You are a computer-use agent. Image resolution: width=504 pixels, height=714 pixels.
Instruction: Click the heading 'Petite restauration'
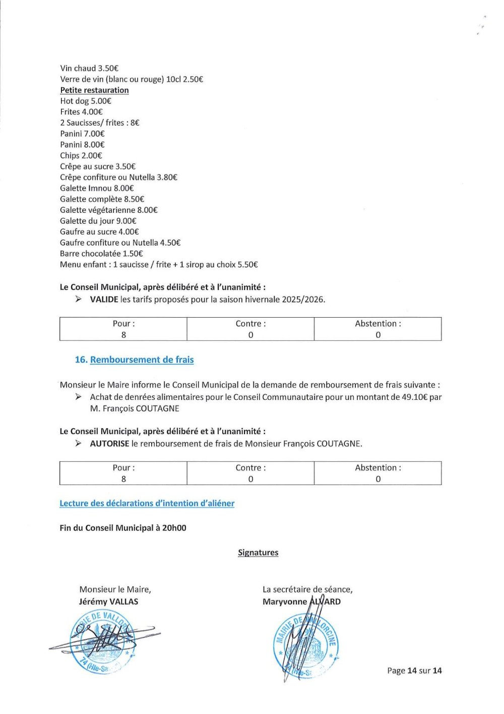tap(94, 90)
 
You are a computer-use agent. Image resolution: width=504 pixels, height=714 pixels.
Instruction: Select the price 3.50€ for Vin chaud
tap(108, 68)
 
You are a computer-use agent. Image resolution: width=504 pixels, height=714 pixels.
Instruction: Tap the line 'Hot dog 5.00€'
tap(85, 101)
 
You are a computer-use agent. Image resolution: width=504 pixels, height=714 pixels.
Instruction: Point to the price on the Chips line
tap(92, 155)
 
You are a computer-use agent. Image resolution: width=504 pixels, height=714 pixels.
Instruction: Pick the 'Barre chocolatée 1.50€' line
tap(101, 254)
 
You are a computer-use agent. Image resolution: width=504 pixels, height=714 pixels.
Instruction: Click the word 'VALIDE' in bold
tap(104, 300)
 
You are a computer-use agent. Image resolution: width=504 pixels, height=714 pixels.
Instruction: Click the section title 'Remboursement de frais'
tap(142, 360)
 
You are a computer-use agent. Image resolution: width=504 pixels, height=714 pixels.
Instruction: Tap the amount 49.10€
tap(414, 397)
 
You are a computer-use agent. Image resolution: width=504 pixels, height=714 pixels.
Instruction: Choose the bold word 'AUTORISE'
tap(109, 444)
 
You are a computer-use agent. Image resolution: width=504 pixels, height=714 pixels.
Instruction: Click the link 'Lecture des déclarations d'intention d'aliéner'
tap(147, 503)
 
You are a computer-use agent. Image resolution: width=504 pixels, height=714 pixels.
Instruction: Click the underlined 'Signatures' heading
tap(258, 553)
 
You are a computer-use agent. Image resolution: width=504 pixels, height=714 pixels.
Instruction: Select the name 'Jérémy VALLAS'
tap(108, 602)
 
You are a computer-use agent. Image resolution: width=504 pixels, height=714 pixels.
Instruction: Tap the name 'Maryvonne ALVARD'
tap(301, 602)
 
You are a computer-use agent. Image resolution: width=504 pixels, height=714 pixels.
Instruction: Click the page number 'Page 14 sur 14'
tap(414, 671)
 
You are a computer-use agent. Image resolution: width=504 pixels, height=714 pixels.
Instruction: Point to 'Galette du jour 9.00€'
tap(98, 221)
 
